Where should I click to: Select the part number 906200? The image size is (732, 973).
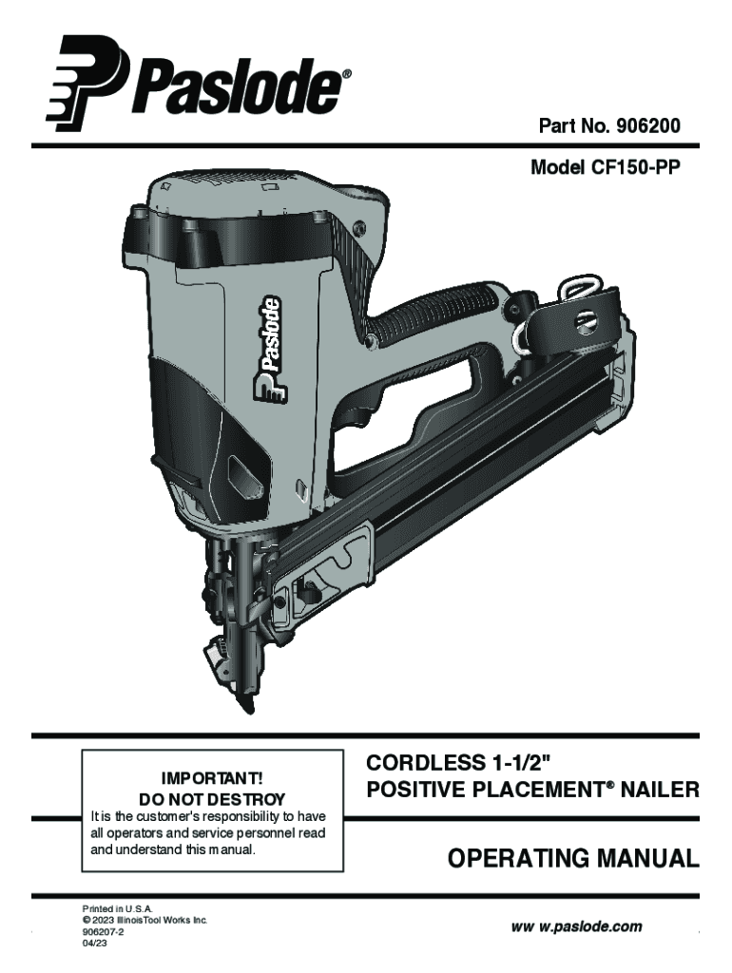[648, 126]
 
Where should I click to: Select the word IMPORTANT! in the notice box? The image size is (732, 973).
[212, 778]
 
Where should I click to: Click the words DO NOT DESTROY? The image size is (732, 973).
[212, 798]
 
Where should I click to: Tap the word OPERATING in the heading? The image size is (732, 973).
[518, 859]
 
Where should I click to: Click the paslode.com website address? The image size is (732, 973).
[576, 927]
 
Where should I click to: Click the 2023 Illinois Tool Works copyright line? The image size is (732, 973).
[144, 920]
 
